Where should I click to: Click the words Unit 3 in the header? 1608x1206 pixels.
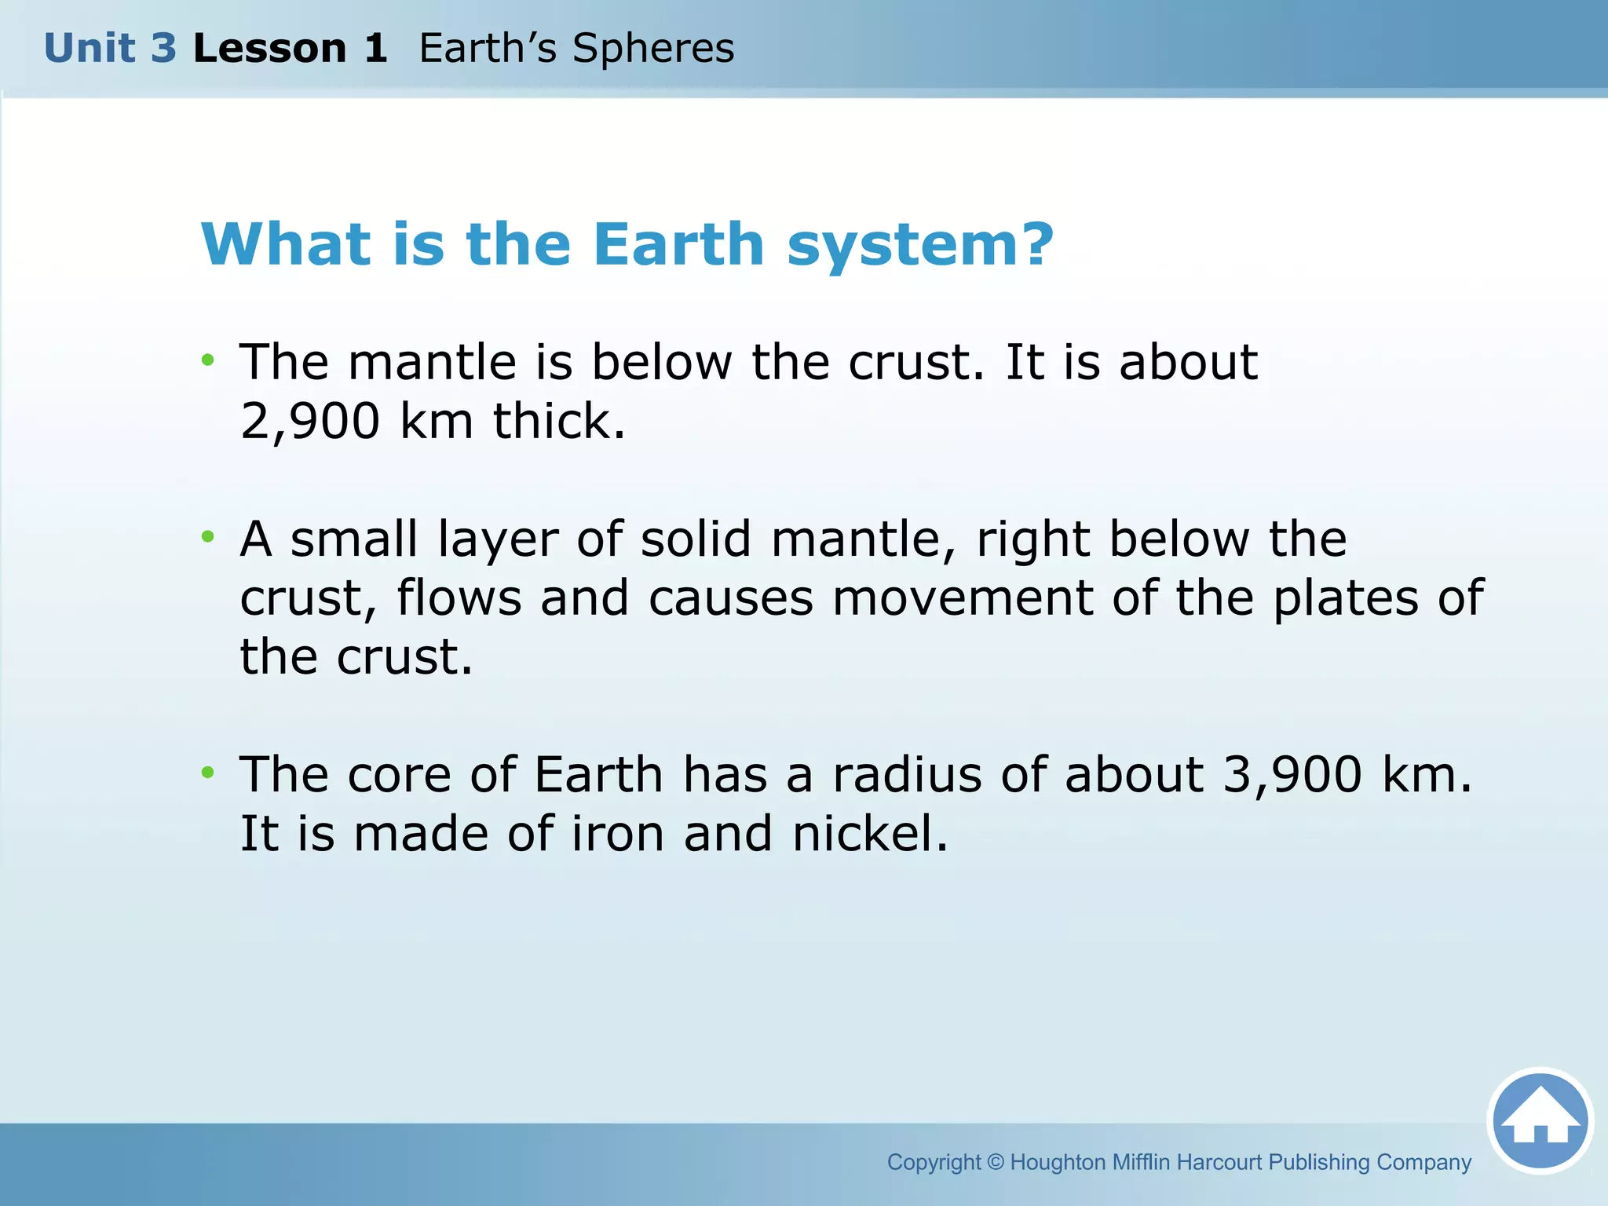point(110,49)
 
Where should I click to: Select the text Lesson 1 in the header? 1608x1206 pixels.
point(290,49)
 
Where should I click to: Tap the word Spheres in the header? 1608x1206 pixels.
point(653,49)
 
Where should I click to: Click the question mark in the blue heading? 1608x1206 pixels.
point(1038,244)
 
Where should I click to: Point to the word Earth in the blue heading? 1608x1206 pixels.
point(678,244)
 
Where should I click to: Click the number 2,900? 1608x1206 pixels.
point(310,422)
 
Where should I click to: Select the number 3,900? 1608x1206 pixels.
point(1292,775)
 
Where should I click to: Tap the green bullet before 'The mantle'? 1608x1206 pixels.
point(207,360)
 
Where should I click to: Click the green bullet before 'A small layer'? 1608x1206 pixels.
point(207,537)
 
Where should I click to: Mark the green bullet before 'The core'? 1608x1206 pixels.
point(207,773)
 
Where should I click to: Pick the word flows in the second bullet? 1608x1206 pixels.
point(459,598)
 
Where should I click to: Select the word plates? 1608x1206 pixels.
point(1345,598)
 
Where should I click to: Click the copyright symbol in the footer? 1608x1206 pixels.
point(995,1162)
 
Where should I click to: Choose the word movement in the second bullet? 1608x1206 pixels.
point(963,598)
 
